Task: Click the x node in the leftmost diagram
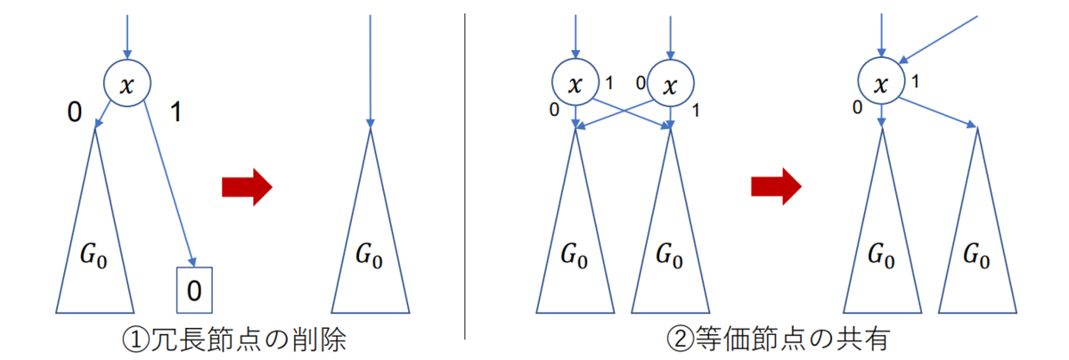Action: (127, 83)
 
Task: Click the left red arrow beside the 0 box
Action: (246, 187)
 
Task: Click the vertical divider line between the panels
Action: (465, 178)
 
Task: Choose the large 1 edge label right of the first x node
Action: (175, 113)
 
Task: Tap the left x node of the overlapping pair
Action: (576, 83)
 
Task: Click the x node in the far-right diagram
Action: (880, 83)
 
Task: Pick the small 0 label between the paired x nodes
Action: (639, 82)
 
